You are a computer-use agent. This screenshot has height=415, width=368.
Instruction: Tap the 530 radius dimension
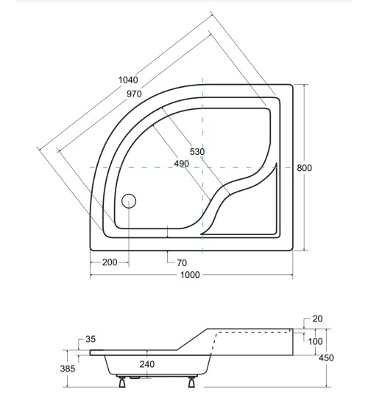(x=197, y=151)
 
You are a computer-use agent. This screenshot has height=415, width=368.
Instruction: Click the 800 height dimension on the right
(x=305, y=168)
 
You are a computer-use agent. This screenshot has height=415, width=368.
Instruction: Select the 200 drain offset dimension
(x=110, y=262)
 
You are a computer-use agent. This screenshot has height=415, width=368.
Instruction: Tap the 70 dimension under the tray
(x=181, y=262)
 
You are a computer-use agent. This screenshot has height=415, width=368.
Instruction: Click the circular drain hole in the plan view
(x=130, y=200)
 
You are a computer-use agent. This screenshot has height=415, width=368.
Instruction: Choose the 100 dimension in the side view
(x=315, y=341)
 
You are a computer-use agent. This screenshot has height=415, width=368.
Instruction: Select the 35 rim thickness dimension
(x=91, y=340)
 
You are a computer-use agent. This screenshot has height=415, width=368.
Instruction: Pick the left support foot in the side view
(x=122, y=381)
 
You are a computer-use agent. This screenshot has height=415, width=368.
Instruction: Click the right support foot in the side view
(x=192, y=381)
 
